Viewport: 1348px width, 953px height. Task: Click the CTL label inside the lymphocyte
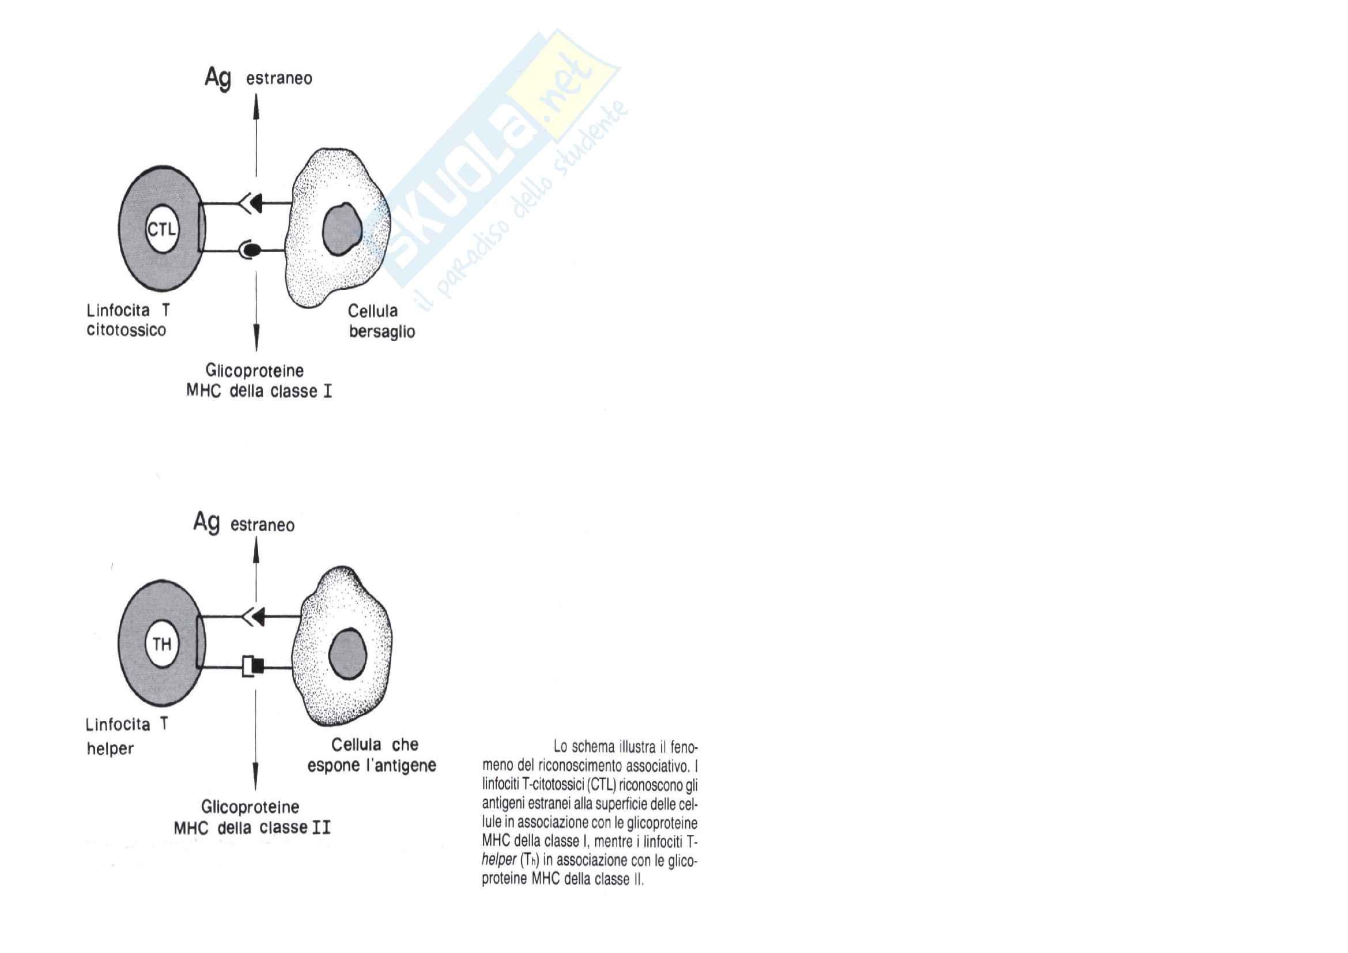click(x=161, y=229)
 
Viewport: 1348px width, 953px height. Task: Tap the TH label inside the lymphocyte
click(x=162, y=644)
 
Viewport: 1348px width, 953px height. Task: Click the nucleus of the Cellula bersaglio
click(x=341, y=229)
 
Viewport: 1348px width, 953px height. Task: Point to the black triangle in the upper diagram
click(x=255, y=203)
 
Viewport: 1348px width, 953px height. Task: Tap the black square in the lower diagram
click(x=258, y=666)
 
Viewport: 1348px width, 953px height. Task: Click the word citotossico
click(x=126, y=330)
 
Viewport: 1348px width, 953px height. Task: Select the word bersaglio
click(x=382, y=332)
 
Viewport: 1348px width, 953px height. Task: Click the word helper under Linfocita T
click(x=110, y=749)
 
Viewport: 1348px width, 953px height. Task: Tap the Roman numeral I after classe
click(x=327, y=391)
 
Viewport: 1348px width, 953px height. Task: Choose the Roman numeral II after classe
click(x=321, y=828)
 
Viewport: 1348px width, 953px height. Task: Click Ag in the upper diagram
click(x=218, y=77)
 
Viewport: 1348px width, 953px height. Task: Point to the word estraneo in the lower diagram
click(x=262, y=525)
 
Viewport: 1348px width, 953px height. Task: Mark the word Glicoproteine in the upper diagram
click(x=254, y=371)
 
